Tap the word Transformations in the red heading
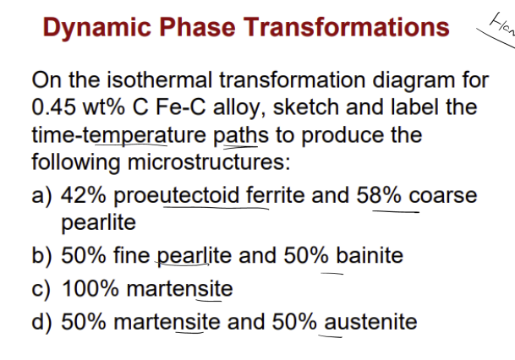(x=346, y=27)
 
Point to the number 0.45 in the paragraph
(x=57, y=108)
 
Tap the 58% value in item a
(x=380, y=195)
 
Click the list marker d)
(x=43, y=322)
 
